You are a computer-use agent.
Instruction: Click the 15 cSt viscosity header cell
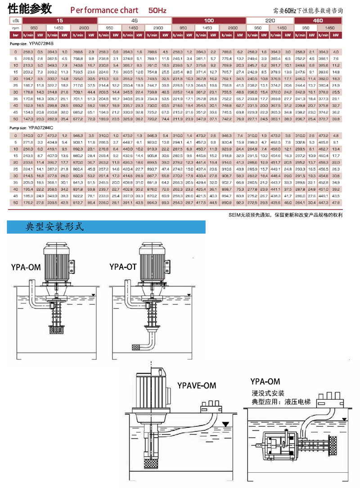[60, 21]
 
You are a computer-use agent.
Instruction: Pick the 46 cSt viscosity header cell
[134, 21]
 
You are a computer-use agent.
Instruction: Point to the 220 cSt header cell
[270, 21]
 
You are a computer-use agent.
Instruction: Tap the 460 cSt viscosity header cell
[318, 21]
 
